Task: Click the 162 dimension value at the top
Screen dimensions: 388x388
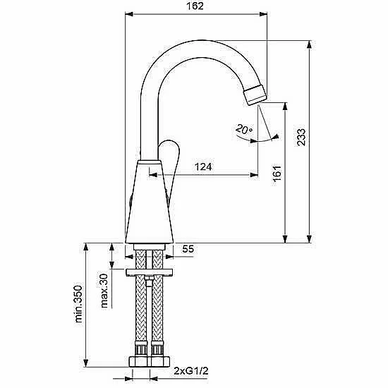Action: pyautogui.click(x=195, y=6)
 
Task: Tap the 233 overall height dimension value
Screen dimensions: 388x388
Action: pyautogui.click(x=301, y=137)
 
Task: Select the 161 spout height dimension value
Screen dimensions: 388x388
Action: pyautogui.click(x=277, y=172)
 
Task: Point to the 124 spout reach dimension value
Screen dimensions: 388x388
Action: pyautogui.click(x=203, y=166)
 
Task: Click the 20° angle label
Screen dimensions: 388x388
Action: pyautogui.click(x=244, y=129)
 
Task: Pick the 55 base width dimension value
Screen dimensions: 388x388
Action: pyautogui.click(x=188, y=249)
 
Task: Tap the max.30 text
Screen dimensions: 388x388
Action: pyautogui.click(x=104, y=291)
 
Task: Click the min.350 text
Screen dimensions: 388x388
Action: pyautogui.click(x=78, y=304)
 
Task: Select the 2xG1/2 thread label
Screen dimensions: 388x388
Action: pyautogui.click(x=190, y=371)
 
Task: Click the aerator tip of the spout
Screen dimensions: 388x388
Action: pyautogui.click(x=255, y=95)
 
